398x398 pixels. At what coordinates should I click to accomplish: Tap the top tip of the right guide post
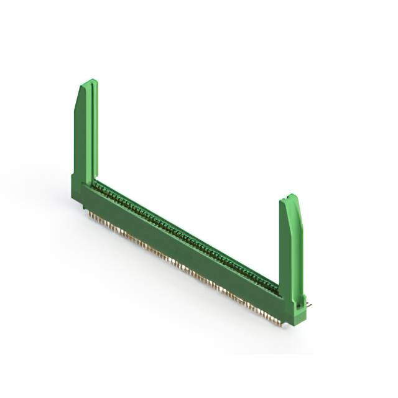[x=291, y=197]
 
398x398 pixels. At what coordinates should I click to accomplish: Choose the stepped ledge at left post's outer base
[x=75, y=180]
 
